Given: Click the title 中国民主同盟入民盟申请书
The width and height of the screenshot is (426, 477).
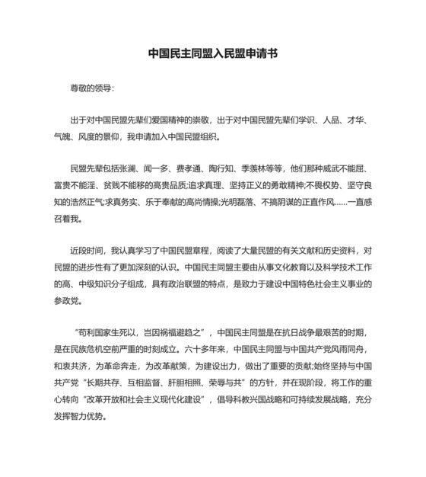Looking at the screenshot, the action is tap(212, 54).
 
